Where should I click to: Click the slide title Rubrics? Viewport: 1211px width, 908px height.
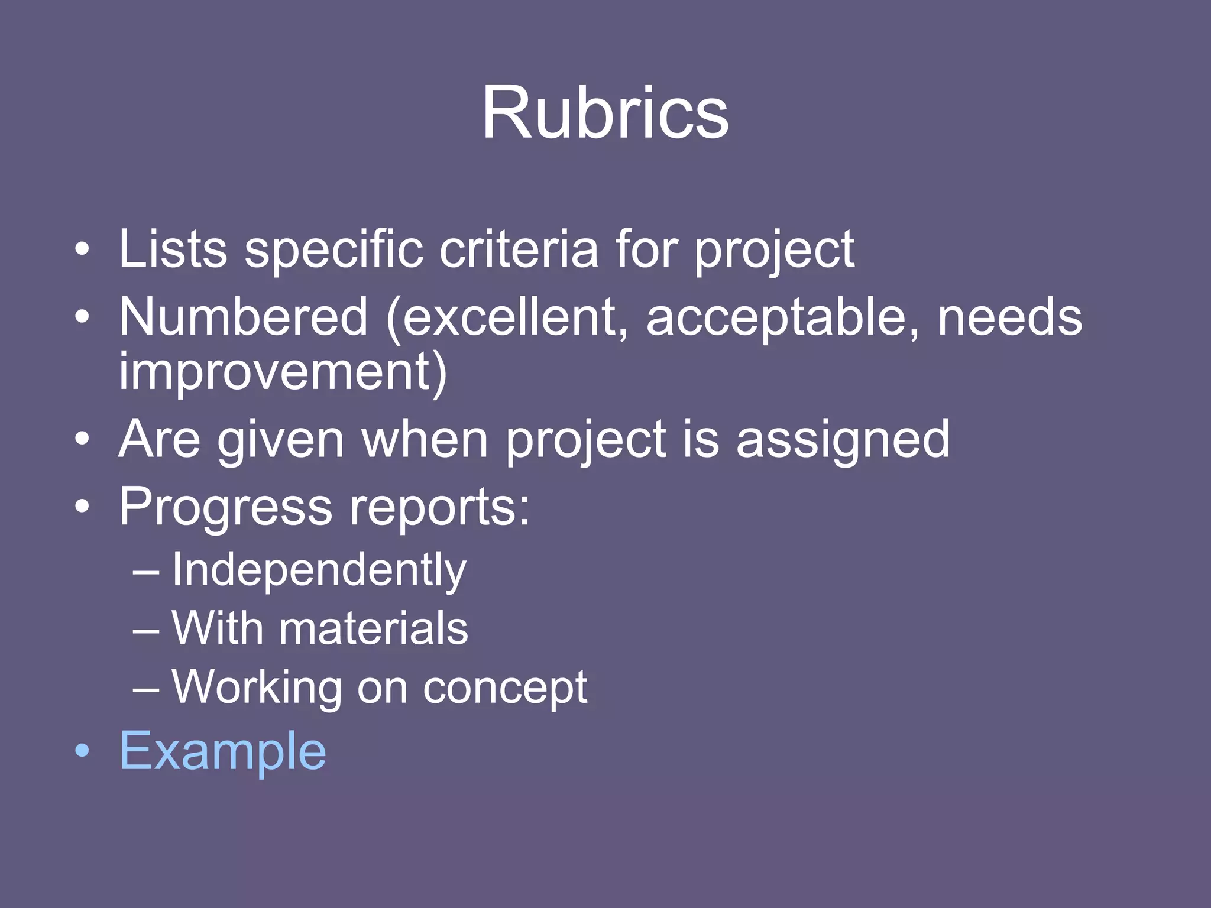pos(605,112)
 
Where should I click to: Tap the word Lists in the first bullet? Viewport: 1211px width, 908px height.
pos(173,249)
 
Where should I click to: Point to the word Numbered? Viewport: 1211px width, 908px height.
pos(243,317)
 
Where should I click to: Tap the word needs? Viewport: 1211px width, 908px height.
pos(1010,317)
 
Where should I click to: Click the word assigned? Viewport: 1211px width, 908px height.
pos(843,440)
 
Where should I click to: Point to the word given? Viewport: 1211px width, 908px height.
pos(281,440)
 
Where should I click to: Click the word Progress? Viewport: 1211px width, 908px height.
pos(226,507)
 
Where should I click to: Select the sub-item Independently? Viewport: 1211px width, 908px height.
pos(319,570)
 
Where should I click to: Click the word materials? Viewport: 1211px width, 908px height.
pos(373,628)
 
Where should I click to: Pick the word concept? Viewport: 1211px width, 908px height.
pos(504,688)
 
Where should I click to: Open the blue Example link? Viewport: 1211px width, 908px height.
pos(222,751)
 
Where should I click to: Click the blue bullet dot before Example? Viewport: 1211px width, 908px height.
pos(83,751)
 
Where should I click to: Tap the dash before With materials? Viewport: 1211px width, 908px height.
pos(145,630)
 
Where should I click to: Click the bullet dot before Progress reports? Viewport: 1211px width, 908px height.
pos(83,507)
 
